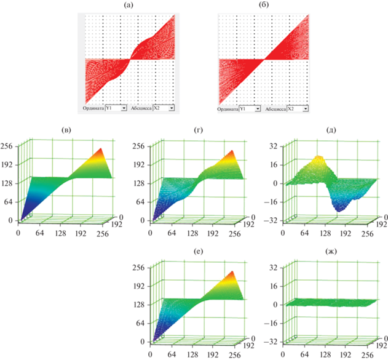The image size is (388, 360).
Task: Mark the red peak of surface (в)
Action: coord(100,150)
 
